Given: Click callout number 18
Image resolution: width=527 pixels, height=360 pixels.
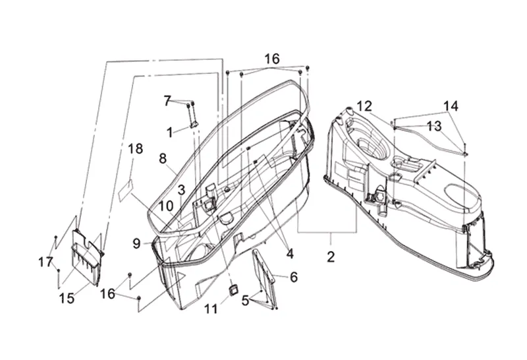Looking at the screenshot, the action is pyautogui.click(x=136, y=149).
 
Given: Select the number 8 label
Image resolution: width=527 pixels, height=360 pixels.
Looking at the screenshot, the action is pyautogui.click(x=163, y=158).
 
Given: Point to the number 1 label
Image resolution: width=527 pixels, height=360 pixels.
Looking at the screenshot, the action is pyautogui.click(x=170, y=133).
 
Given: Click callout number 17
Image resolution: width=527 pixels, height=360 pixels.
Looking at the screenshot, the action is pyautogui.click(x=45, y=262).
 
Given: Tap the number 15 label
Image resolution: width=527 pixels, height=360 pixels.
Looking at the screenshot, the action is pyautogui.click(x=67, y=298).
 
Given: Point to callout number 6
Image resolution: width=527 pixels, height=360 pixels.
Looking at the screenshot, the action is pyautogui.click(x=294, y=277).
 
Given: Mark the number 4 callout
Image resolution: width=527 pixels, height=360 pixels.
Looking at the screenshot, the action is pyautogui.click(x=290, y=254).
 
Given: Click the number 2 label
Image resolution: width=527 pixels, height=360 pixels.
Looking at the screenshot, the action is pyautogui.click(x=331, y=257).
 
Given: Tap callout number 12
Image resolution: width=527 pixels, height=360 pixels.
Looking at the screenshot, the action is pyautogui.click(x=364, y=106).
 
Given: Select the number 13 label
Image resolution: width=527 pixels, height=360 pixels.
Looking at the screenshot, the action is pyautogui.click(x=434, y=126).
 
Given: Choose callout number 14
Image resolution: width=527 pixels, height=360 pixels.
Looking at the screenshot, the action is pyautogui.click(x=451, y=105).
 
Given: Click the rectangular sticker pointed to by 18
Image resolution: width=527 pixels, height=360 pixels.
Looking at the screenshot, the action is pyautogui.click(x=126, y=191).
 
